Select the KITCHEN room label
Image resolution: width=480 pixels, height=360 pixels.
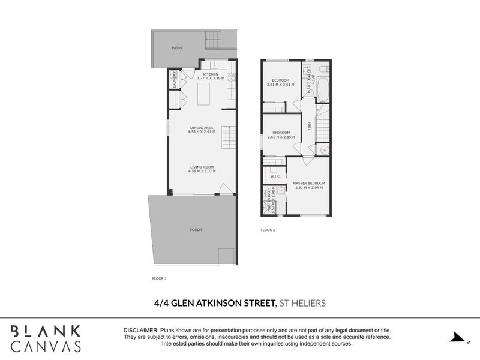point(211,74)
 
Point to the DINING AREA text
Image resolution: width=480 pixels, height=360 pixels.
point(202,127)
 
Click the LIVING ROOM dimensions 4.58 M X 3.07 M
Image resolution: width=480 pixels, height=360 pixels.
point(202,171)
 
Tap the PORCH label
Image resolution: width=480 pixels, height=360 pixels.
point(195,230)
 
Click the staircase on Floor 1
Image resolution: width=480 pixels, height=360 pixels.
point(229,138)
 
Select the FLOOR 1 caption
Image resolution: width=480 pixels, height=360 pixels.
point(160,278)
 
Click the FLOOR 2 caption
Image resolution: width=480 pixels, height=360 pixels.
point(268,230)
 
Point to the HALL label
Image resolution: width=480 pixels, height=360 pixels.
point(308,127)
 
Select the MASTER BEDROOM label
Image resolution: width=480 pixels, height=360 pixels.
point(309,183)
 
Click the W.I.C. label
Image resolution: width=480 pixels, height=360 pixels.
point(275,176)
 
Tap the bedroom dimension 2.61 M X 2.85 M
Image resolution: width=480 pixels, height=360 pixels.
point(281,137)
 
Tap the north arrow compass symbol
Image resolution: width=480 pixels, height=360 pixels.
point(457,337)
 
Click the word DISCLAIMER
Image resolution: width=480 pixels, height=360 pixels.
point(140,331)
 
